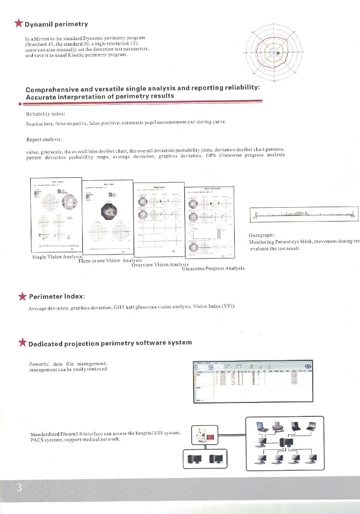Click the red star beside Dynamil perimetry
19,24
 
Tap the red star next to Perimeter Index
23,296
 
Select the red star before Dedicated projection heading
22,343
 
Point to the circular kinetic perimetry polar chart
277,52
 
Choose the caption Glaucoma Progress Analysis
213,268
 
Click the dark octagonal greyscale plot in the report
109,210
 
